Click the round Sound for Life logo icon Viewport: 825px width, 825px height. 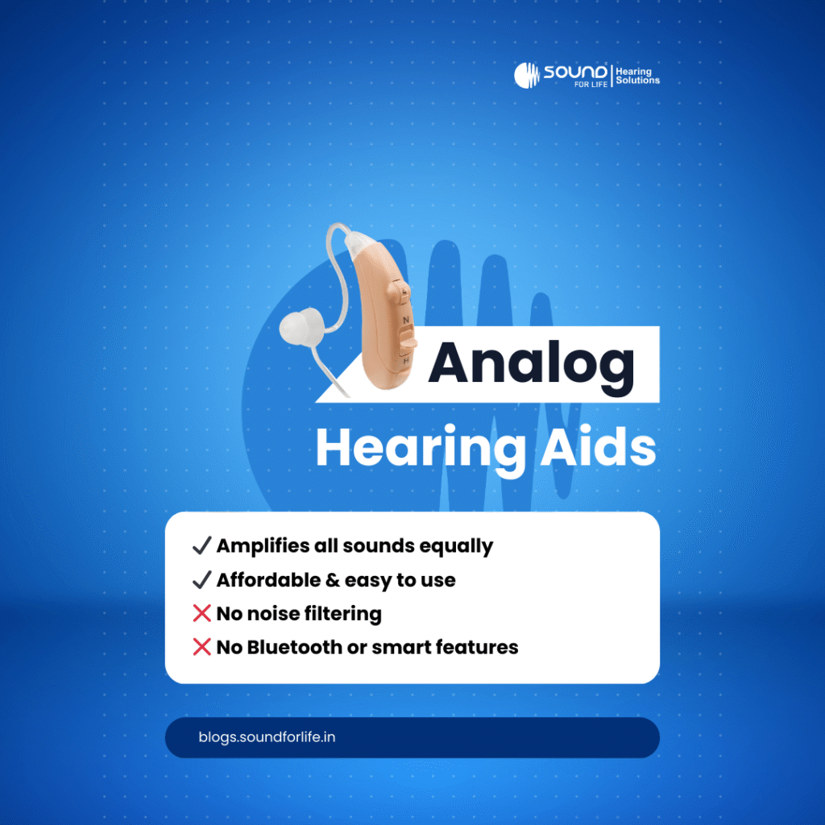tap(526, 75)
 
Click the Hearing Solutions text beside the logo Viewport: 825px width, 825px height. tap(637, 76)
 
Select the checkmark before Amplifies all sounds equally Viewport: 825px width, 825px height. tap(201, 546)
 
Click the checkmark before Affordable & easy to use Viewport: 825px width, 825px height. tap(201, 580)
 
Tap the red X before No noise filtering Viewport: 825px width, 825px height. tap(201, 614)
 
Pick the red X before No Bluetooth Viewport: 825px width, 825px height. tap(201, 647)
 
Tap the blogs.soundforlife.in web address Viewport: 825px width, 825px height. tap(267, 737)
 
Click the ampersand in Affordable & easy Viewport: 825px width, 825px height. tap(332, 580)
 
